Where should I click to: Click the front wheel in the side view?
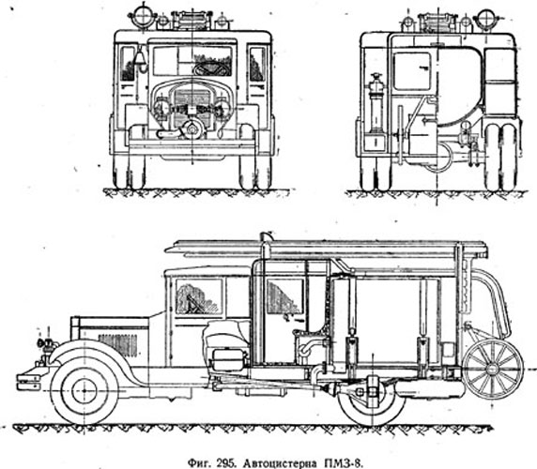pos(84,390)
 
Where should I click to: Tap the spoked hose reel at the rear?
pos(493,369)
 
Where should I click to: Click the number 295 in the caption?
pos(226,464)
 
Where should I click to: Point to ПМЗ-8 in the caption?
pos(342,463)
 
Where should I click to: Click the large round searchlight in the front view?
pos(142,16)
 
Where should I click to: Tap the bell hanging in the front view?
pos(139,58)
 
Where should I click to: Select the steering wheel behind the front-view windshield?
pos(211,69)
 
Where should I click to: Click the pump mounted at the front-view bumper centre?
pos(192,129)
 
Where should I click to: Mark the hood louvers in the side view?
pos(117,345)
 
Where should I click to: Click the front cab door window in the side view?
pos(199,296)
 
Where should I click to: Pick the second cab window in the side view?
pos(285,296)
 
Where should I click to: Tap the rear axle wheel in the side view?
pos(371,403)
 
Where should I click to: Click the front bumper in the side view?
pos(28,382)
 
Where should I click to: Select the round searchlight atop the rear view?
pos(485,17)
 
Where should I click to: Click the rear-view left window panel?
pos(411,71)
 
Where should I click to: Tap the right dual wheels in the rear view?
pos(500,158)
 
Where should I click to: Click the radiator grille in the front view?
pos(192,107)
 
